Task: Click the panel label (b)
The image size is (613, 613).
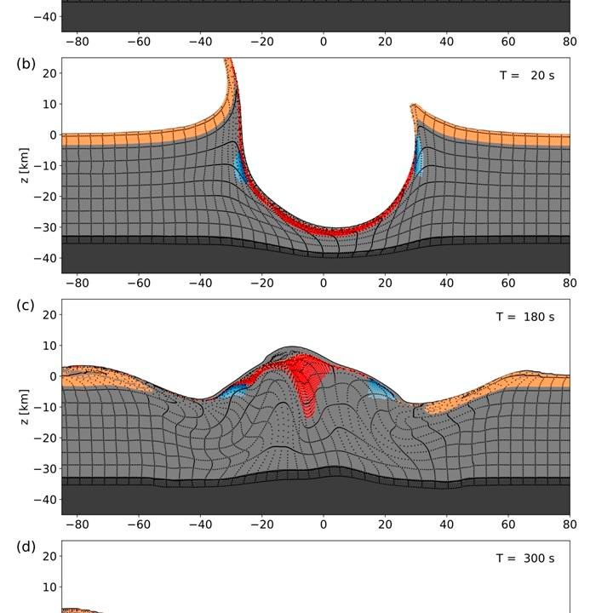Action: tap(25, 63)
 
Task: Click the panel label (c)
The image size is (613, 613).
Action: tap(25, 305)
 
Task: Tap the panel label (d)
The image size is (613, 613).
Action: tap(25, 547)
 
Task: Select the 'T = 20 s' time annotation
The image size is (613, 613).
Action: tap(526, 75)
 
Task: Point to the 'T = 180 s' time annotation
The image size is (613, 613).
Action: tap(524, 317)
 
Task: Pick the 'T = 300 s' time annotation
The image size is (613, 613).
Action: tap(524, 559)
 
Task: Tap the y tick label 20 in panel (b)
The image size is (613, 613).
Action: tap(49, 73)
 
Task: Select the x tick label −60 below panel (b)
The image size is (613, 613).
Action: tap(139, 283)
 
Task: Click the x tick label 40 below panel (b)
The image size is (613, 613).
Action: tap(447, 283)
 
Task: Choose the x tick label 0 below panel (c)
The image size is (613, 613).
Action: tap(324, 524)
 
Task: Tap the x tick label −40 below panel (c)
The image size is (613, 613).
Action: tap(200, 524)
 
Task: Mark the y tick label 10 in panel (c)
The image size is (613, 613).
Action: tap(49, 346)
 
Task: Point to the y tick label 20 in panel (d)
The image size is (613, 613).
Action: tap(49, 557)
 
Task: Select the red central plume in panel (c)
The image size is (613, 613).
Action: tap(308, 387)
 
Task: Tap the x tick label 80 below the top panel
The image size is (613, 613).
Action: tap(570, 41)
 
